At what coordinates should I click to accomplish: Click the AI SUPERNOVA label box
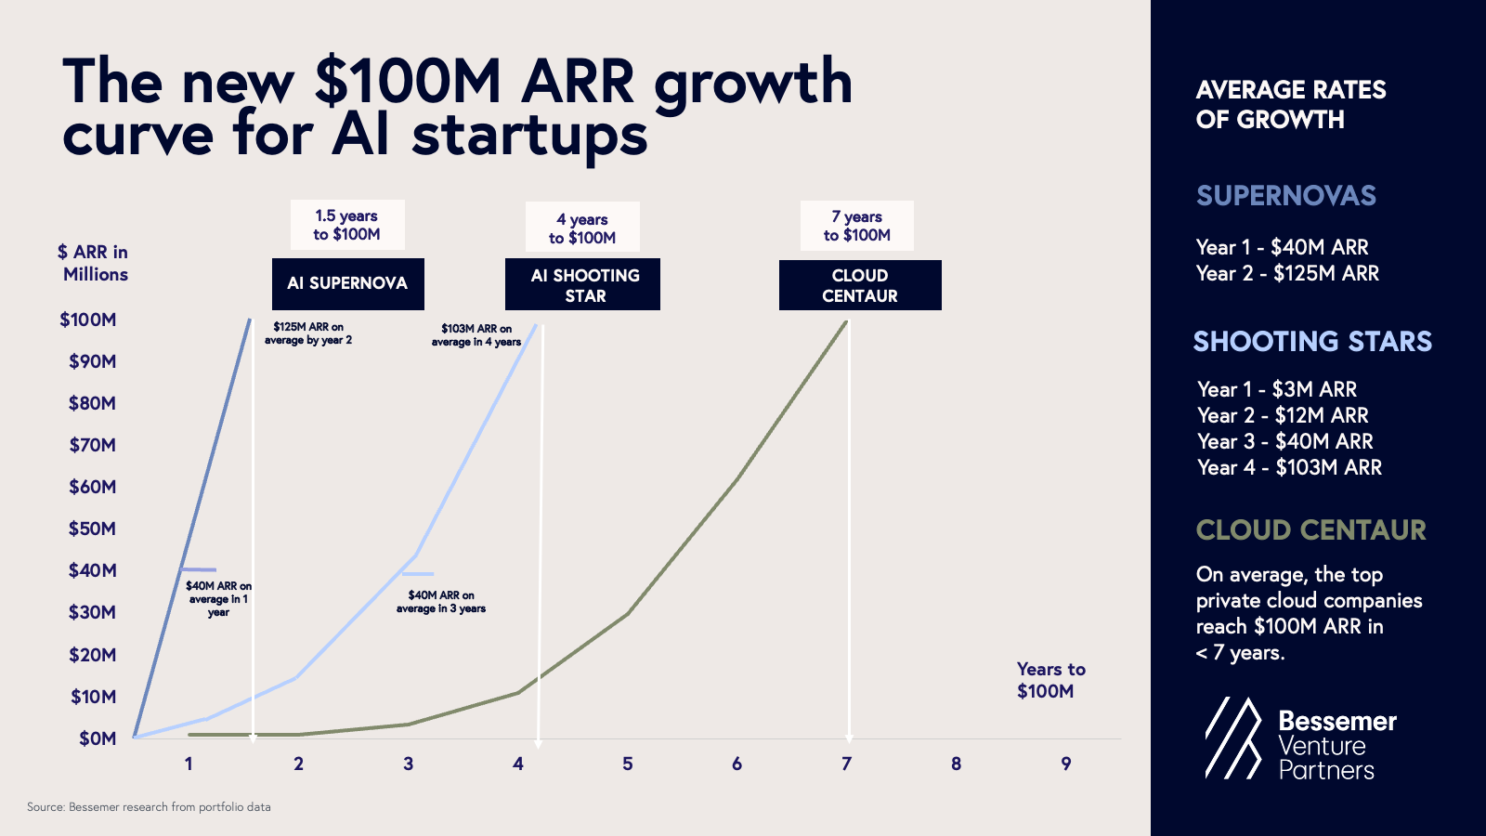347,283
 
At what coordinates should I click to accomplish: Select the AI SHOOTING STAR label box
582,284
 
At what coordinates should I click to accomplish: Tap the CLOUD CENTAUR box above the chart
860,285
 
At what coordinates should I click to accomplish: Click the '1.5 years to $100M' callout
347,225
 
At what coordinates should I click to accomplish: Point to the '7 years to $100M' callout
856,226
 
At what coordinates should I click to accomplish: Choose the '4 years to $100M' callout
582,228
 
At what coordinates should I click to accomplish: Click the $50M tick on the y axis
92,529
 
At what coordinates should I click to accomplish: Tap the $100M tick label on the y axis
88,320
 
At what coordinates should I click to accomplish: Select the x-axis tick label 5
628,764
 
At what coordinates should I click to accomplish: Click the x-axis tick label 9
1066,764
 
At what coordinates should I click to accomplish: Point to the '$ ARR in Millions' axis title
94,263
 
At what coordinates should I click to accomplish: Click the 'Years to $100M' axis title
1049,680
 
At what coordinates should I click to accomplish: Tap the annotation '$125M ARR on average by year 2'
308,333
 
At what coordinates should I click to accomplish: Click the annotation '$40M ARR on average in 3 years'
441,602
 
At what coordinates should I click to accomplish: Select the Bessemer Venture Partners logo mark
1233,738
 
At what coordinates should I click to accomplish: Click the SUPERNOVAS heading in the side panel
1285,196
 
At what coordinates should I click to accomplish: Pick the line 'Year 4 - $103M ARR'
1289,467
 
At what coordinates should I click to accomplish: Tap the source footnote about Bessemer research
149,807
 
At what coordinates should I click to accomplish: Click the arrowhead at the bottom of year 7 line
848,739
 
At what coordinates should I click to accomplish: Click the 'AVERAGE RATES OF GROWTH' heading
1290,104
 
